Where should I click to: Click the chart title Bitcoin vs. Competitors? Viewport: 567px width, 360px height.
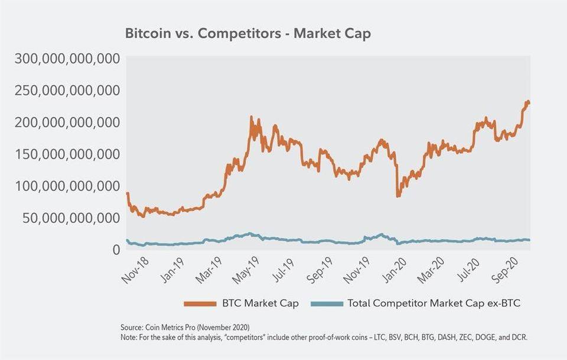[x=247, y=34]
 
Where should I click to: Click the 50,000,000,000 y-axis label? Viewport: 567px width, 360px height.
[x=67, y=218]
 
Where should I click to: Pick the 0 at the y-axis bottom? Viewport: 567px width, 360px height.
[x=116, y=249]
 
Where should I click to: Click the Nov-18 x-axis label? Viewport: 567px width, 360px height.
[x=134, y=269]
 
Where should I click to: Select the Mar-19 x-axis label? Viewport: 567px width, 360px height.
[x=208, y=269]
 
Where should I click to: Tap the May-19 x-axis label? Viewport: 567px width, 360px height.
[x=245, y=269]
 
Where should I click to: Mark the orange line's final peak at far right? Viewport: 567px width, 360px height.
[x=527, y=102]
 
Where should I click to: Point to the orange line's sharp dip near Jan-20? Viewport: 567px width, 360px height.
[x=397, y=196]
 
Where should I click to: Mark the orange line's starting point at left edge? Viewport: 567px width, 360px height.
[x=128, y=193]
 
